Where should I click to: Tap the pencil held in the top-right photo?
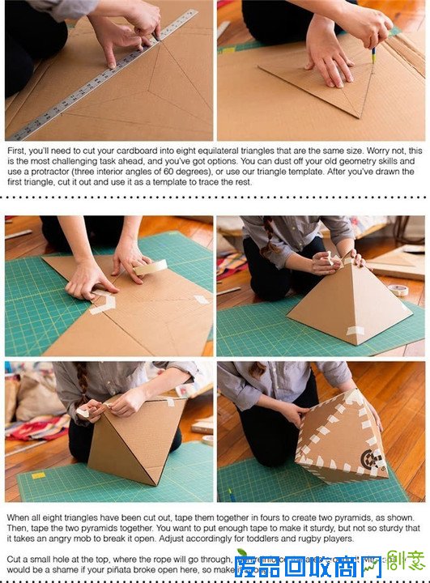(x=374, y=55)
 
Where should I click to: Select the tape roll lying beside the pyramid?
(x=398, y=290)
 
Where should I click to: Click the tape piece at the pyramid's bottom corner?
(x=355, y=331)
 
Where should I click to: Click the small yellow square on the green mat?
(x=37, y=475)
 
